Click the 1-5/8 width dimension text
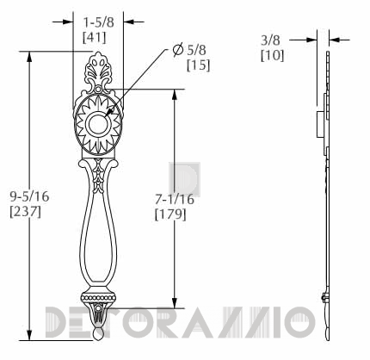[99, 22]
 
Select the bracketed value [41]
[95, 37]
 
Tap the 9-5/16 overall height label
[29, 196]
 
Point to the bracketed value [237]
[26, 212]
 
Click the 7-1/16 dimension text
[175, 200]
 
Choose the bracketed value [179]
[170, 214]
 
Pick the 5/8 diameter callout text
[197, 50]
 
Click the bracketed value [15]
[199, 65]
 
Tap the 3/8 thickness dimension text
[270, 40]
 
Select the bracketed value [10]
[273, 55]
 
